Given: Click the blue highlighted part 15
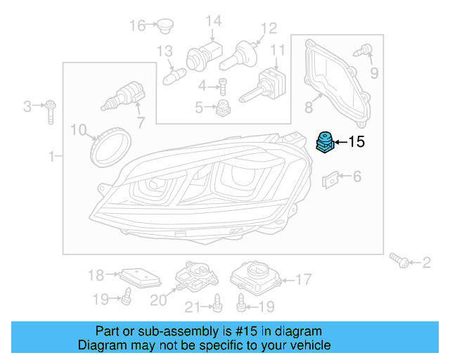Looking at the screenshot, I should coord(326,143).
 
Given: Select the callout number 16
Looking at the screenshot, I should coord(136,26).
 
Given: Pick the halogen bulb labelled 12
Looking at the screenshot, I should coord(237,56).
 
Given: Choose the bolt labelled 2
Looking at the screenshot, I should coord(400,262).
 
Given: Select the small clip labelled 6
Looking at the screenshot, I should coord(330,179).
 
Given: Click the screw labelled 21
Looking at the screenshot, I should coord(217,304).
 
